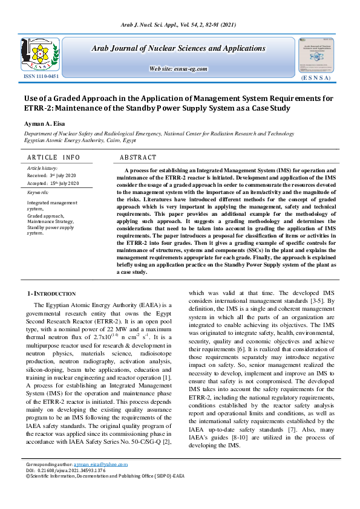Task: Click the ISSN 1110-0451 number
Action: [x=42, y=77]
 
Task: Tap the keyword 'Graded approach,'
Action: [x=44, y=215]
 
